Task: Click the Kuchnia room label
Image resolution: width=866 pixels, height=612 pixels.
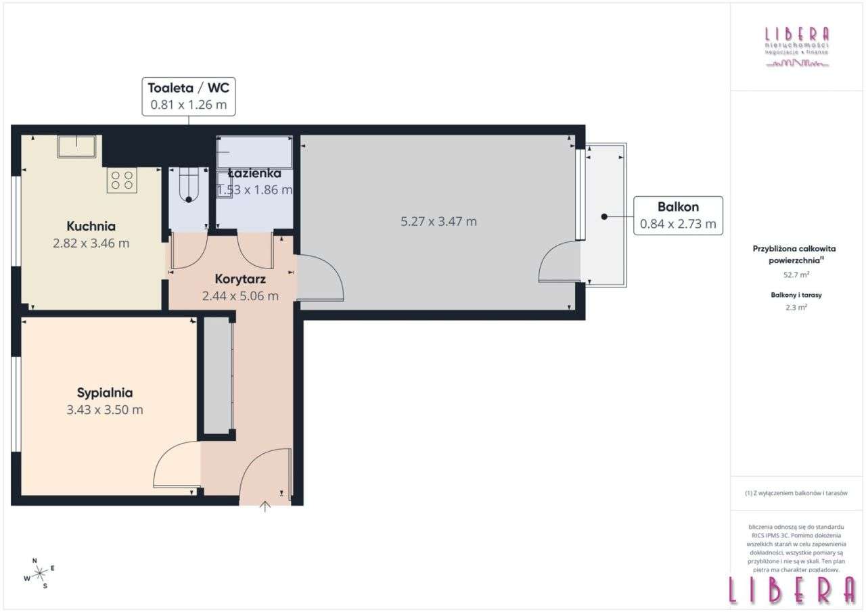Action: (91, 227)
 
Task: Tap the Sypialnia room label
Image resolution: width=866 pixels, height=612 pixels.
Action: (104, 392)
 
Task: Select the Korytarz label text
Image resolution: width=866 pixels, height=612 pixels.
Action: (240, 279)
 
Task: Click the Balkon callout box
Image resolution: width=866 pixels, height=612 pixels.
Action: (678, 215)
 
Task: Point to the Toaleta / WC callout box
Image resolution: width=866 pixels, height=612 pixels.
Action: (189, 95)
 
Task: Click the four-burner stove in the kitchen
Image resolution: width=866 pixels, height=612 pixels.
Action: (122, 180)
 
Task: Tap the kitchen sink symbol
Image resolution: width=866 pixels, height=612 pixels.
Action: (76, 145)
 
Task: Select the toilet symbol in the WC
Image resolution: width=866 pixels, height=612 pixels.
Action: (187, 187)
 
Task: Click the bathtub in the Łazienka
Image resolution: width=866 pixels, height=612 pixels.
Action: (254, 151)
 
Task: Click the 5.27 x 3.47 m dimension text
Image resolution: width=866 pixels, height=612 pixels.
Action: (438, 221)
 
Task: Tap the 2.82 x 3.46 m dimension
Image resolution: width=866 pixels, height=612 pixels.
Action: (91, 243)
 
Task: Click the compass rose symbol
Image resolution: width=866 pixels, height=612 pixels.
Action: (40, 573)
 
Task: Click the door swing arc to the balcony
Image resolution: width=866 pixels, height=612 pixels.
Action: (558, 262)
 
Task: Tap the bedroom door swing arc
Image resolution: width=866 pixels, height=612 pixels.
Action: (176, 463)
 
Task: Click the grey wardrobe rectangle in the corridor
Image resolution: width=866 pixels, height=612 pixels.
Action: (218, 375)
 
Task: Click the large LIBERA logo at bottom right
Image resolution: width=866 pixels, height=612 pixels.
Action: (792, 590)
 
